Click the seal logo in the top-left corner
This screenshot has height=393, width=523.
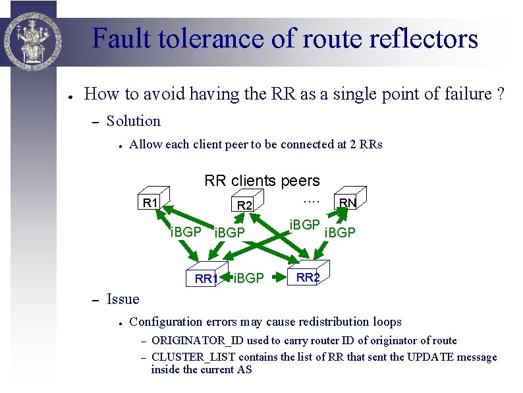(32, 33)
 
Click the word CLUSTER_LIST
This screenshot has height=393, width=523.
(186, 357)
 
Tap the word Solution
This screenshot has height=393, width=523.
(134, 121)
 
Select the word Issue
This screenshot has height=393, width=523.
(123, 299)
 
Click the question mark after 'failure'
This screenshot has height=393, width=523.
(501, 94)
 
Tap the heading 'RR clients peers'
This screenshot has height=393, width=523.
(262, 181)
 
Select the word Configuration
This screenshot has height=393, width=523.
(166, 322)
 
